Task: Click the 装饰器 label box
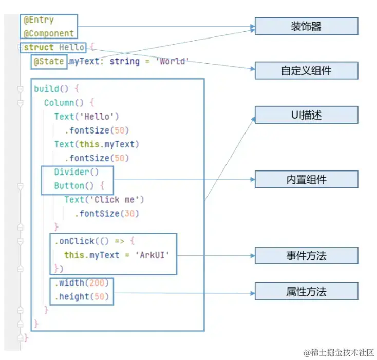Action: click(306, 26)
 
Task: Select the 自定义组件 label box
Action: click(306, 70)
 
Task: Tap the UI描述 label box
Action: click(306, 115)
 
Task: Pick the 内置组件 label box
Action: click(306, 179)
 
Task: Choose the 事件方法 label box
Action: click(306, 255)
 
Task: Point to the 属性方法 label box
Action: click(306, 291)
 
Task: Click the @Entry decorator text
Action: click(39, 20)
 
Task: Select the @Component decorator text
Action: click(49, 33)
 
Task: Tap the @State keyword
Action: click(49, 61)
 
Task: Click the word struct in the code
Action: click(39, 47)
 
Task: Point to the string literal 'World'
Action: click(173, 61)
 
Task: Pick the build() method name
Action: click(51, 89)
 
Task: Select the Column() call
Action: click(64, 103)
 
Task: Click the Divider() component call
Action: click(77, 172)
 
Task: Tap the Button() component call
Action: click(74, 186)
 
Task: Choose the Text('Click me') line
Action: click(104, 200)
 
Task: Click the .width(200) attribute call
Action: click(82, 283)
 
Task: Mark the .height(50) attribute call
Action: click(82, 297)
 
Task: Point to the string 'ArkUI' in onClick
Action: click(152, 255)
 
